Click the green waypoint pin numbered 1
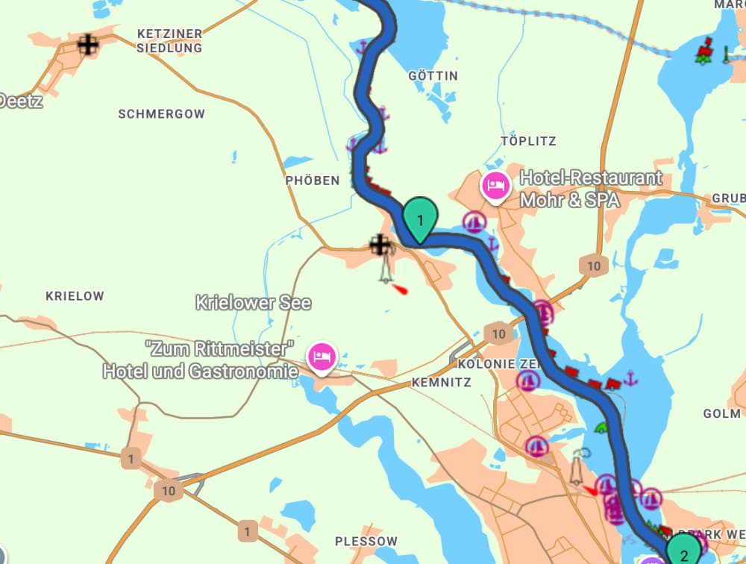tap(420, 219)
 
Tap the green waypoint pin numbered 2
tap(683, 551)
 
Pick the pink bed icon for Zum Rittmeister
tap(322, 355)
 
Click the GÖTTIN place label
tap(433, 76)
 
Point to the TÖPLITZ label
tap(529, 141)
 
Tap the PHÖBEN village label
tap(313, 181)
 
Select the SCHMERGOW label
tap(161, 114)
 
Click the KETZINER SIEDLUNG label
tap(170, 41)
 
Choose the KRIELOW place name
tap(75, 296)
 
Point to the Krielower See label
tap(253, 303)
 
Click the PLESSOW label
tap(366, 541)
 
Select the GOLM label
tap(721, 413)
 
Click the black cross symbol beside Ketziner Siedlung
tap(88, 45)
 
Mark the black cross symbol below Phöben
tap(380, 243)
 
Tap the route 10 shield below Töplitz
tap(594, 266)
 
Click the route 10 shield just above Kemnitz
tap(499, 333)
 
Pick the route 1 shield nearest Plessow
tap(247, 532)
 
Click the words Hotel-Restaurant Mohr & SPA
tap(590, 189)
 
